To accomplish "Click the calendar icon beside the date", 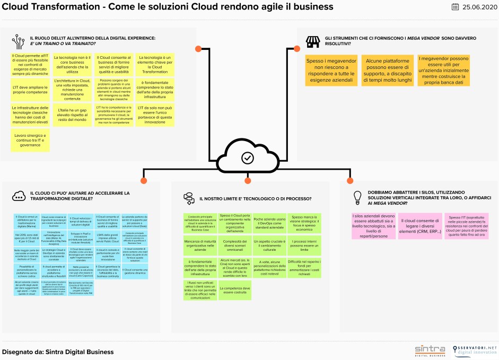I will click(x=456, y=7).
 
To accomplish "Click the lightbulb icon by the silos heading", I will click(x=357, y=197).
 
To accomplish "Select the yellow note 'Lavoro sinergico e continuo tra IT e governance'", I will click(x=30, y=139).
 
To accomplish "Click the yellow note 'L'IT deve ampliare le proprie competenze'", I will click(x=30, y=89).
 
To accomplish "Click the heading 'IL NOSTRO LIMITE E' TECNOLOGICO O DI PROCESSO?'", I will click(x=255, y=199).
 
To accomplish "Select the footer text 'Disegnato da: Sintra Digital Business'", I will click(x=58, y=352).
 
